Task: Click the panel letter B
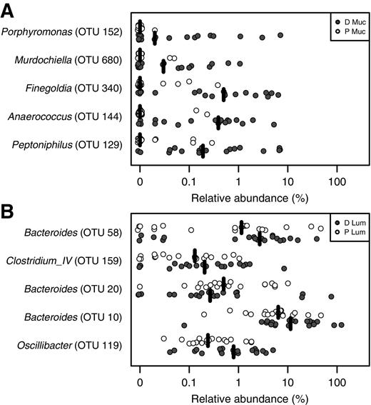pos(9,212)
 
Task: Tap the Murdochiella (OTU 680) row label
pos(70,61)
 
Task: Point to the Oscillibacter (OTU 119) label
pos(71,345)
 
